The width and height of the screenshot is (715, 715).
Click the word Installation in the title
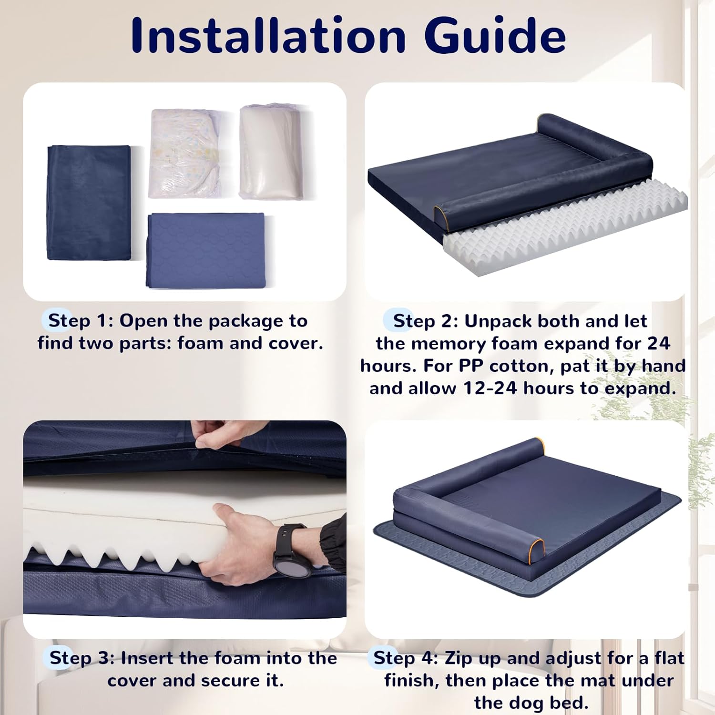pyautogui.click(x=268, y=36)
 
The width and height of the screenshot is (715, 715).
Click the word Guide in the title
pyautogui.click(x=496, y=36)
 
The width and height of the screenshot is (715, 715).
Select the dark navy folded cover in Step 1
pyautogui.click(x=89, y=203)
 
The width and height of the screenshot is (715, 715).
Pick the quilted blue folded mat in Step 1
pyautogui.click(x=206, y=250)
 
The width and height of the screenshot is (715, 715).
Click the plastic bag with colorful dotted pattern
pyautogui.click(x=184, y=153)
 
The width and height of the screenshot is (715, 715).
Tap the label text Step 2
pyautogui.click(x=424, y=321)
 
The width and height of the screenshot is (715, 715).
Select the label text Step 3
pyautogui.click(x=81, y=658)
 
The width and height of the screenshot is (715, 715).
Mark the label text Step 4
pyautogui.click(x=405, y=658)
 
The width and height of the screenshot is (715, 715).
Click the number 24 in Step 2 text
pyautogui.click(x=658, y=343)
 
